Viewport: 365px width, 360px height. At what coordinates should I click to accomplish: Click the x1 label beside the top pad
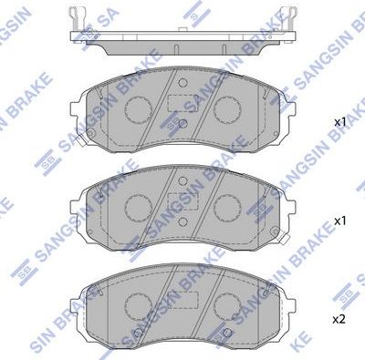pos(339,121)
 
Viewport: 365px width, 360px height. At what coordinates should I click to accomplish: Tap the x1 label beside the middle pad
pos(339,220)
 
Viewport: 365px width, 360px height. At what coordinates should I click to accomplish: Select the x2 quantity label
pos(339,319)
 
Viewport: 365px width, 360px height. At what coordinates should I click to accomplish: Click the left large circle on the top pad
pos(138,110)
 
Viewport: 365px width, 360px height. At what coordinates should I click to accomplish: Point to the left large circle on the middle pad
pos(138,208)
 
